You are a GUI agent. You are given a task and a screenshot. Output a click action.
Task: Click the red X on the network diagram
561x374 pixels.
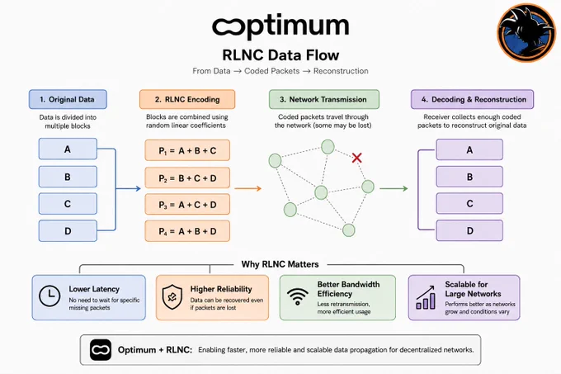pos(356,158)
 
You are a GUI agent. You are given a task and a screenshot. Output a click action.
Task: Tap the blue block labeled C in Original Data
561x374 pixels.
pos(68,204)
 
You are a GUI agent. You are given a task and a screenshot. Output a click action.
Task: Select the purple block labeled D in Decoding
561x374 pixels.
pos(469,230)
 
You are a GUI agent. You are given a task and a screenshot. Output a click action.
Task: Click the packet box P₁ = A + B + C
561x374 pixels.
pos(187,150)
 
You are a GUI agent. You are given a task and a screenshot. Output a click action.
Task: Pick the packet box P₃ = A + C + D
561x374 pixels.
pos(187,205)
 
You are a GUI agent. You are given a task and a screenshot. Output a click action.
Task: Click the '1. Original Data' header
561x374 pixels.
pos(68,99)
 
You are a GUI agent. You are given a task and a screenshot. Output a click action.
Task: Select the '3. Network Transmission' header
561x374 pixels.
pos(324,99)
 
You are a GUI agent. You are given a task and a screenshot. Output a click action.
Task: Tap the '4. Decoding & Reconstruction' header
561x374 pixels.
pos(472,99)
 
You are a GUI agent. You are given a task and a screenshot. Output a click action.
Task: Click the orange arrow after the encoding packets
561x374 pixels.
pos(248,188)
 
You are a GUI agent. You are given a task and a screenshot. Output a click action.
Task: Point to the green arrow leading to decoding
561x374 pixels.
pos(394,188)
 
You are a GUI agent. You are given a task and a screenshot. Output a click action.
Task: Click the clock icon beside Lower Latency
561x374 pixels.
pos(49,296)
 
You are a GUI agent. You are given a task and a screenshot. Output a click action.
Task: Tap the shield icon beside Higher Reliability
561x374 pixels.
pos(172,296)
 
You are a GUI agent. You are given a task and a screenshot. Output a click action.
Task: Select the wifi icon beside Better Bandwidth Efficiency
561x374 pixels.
pos(297,296)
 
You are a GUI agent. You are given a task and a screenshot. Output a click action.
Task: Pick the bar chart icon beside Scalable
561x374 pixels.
pos(426,297)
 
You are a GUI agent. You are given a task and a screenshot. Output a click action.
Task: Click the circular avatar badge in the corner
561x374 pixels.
pos(526,33)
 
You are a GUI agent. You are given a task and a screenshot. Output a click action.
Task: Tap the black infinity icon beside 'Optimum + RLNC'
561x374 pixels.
pos(101,350)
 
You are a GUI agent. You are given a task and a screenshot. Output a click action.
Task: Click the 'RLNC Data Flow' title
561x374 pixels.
pos(280,55)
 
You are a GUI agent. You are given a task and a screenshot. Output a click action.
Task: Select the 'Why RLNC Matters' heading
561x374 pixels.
pos(280,264)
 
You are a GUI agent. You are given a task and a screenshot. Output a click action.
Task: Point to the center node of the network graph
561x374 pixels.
pos(321,192)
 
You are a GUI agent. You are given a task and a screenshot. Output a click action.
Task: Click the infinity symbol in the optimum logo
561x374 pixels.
pos(229,27)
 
